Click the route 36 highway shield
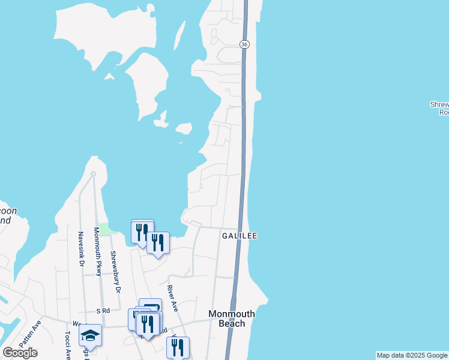click(244, 44)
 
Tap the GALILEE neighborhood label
click(240, 236)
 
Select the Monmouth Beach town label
click(232, 319)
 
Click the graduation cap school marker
click(90, 335)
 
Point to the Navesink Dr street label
click(80, 249)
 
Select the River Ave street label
click(172, 298)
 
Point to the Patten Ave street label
click(30, 334)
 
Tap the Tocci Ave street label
click(68, 344)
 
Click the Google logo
click(20, 353)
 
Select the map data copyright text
click(412, 355)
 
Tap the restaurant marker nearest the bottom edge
click(178, 347)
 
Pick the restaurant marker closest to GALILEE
click(158, 242)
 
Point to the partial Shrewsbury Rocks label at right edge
click(439, 108)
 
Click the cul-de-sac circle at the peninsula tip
click(92, 174)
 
